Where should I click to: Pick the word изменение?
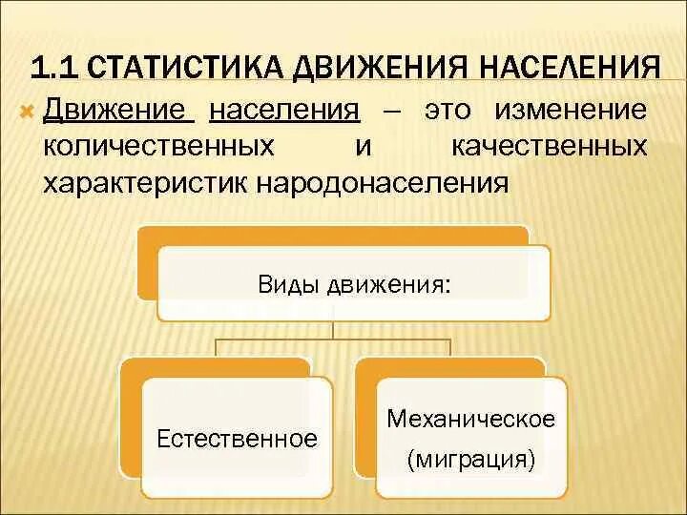click(x=571, y=110)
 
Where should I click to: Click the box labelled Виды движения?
click(x=353, y=283)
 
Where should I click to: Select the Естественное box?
click(x=237, y=439)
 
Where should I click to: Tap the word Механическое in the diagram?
click(x=471, y=419)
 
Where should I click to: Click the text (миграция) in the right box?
click(x=471, y=459)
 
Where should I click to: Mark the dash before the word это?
click(x=392, y=111)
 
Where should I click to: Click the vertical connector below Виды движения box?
click(x=333, y=329)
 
